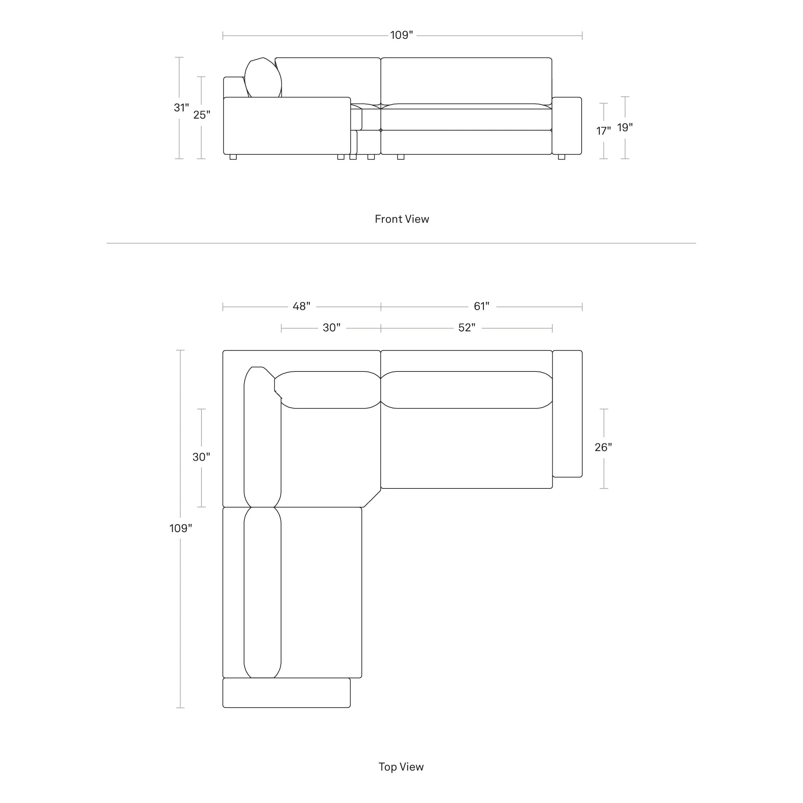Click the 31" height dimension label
tap(181, 108)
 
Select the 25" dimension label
tap(201, 115)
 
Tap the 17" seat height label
tap(604, 131)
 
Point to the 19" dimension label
tap(625, 127)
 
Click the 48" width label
tap(301, 306)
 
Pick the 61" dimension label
tap(481, 306)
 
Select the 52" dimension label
tap(467, 327)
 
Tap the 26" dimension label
tap(603, 447)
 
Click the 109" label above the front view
tap(401, 35)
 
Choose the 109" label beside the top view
tap(181, 528)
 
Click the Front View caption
tap(402, 219)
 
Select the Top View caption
tap(401, 767)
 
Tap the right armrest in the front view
tap(567, 126)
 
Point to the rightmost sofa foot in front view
tap(561, 157)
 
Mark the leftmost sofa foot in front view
tap(233, 157)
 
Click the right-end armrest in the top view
tap(567, 414)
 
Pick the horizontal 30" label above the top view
tap(332, 327)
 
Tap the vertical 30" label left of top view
tap(201, 457)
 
